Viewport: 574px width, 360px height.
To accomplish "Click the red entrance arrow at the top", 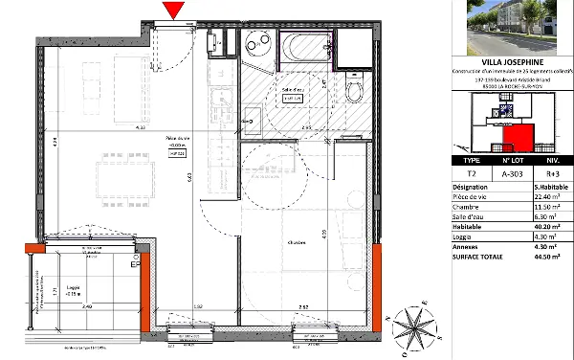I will pos(173,11).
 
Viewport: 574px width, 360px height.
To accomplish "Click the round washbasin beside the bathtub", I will pos(256,42).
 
